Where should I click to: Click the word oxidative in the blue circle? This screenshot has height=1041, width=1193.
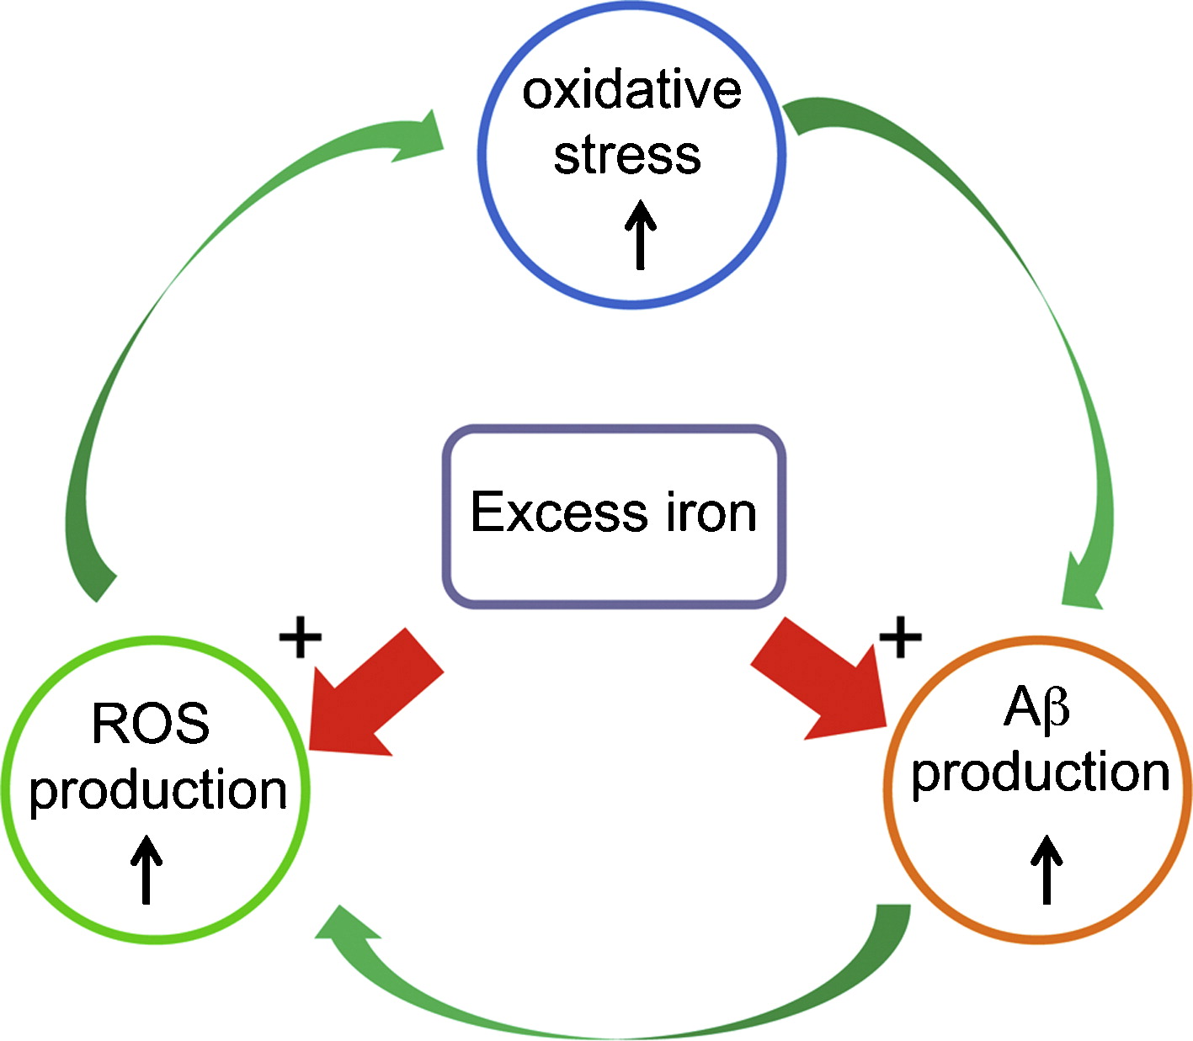pos(631,91)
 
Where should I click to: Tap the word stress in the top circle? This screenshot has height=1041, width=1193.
pos(627,156)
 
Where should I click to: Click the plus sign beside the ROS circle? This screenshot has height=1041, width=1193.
pos(301,638)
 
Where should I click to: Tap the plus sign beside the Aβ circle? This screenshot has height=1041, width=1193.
pos(900,638)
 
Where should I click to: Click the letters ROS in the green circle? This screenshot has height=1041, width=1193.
pos(151,724)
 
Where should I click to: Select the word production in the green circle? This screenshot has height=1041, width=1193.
pos(157,790)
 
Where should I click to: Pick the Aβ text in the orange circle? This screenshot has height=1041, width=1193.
pos(1036,709)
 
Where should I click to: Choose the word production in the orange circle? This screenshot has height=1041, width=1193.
pos(1041,773)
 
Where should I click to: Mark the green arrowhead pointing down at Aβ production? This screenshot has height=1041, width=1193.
pos(1081,585)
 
